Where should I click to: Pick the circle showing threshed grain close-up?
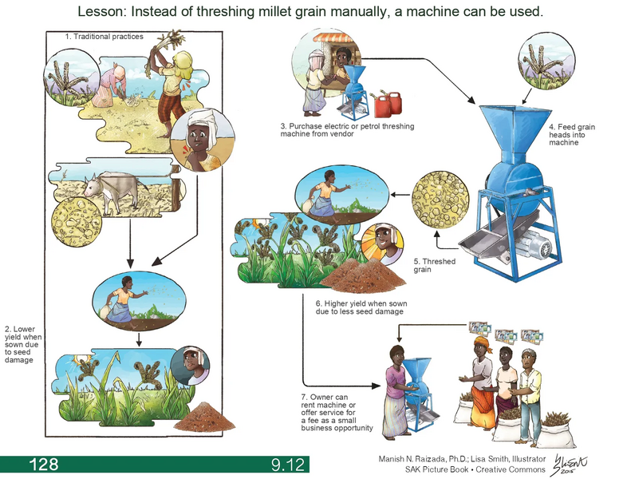(440, 196)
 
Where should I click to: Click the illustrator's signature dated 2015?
(574, 463)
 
